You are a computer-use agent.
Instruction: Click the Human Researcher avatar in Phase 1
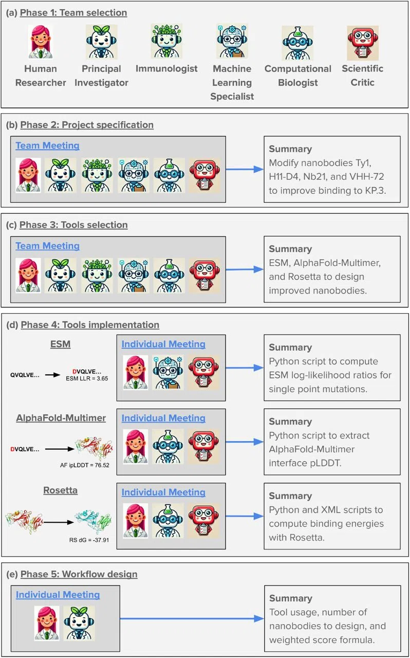point(41,42)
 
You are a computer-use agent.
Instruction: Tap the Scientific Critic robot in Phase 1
point(363,43)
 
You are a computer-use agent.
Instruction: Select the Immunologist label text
point(166,68)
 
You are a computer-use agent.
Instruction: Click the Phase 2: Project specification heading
point(87,125)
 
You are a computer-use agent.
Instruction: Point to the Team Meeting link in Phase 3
point(48,246)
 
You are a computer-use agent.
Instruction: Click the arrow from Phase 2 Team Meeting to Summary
point(245,169)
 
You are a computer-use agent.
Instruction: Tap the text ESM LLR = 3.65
point(87,379)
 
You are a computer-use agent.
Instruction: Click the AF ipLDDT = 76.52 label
point(85,465)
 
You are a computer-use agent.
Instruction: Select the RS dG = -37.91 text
point(89,540)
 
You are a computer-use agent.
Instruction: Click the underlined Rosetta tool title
point(61,490)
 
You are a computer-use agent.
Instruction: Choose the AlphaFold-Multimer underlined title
point(61,418)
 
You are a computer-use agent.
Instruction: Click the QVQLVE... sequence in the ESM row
point(25,375)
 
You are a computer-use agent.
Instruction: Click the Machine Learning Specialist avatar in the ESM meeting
point(167,373)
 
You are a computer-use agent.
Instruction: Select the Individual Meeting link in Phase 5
point(58,595)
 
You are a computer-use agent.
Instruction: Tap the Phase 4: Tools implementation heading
point(90,324)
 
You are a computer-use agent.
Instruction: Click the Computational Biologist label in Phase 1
point(298,76)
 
